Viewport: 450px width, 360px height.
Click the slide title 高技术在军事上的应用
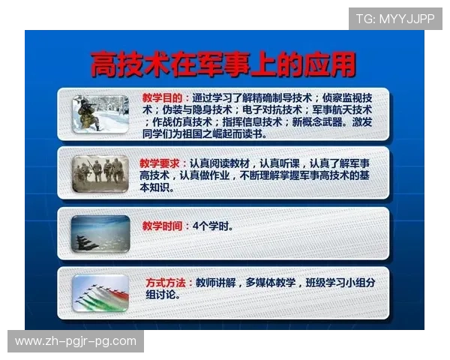[223, 65]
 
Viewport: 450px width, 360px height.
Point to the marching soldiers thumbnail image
[100, 172]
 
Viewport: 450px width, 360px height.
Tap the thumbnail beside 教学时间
[100, 233]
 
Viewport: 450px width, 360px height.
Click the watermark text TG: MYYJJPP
[394, 18]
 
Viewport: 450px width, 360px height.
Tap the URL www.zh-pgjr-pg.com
[76, 341]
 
